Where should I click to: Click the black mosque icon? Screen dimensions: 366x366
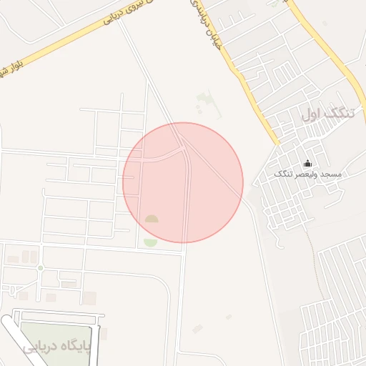point(308,163)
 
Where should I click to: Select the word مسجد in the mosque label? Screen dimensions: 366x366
point(332,175)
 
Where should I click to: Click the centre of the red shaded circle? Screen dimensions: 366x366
point(183,182)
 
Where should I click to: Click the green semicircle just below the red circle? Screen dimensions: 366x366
point(150,243)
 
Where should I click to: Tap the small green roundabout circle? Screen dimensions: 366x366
point(41,267)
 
